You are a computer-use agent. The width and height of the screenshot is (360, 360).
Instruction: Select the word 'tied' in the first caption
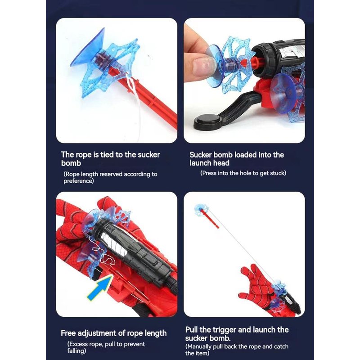[108, 155]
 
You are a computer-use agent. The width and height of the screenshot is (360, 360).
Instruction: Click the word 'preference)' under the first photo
[79, 181]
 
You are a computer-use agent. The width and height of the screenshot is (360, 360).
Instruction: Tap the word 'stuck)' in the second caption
[278, 173]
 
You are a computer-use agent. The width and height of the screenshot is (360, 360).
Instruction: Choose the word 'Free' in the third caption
[68, 333]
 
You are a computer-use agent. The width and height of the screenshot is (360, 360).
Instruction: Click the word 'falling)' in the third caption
[76, 351]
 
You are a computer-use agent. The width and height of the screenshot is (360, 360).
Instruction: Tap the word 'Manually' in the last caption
[198, 346]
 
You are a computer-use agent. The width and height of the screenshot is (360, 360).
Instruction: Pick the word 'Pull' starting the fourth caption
[192, 330]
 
